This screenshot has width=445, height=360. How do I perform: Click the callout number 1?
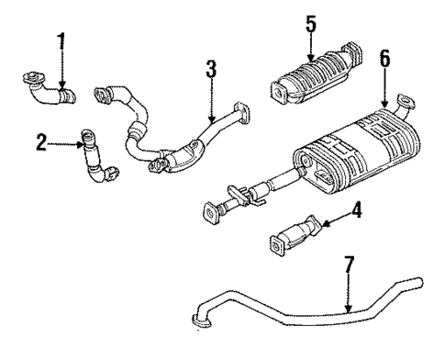pyautogui.click(x=62, y=41)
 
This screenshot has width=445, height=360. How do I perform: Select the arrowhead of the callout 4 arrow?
pyautogui.click(x=323, y=220)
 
